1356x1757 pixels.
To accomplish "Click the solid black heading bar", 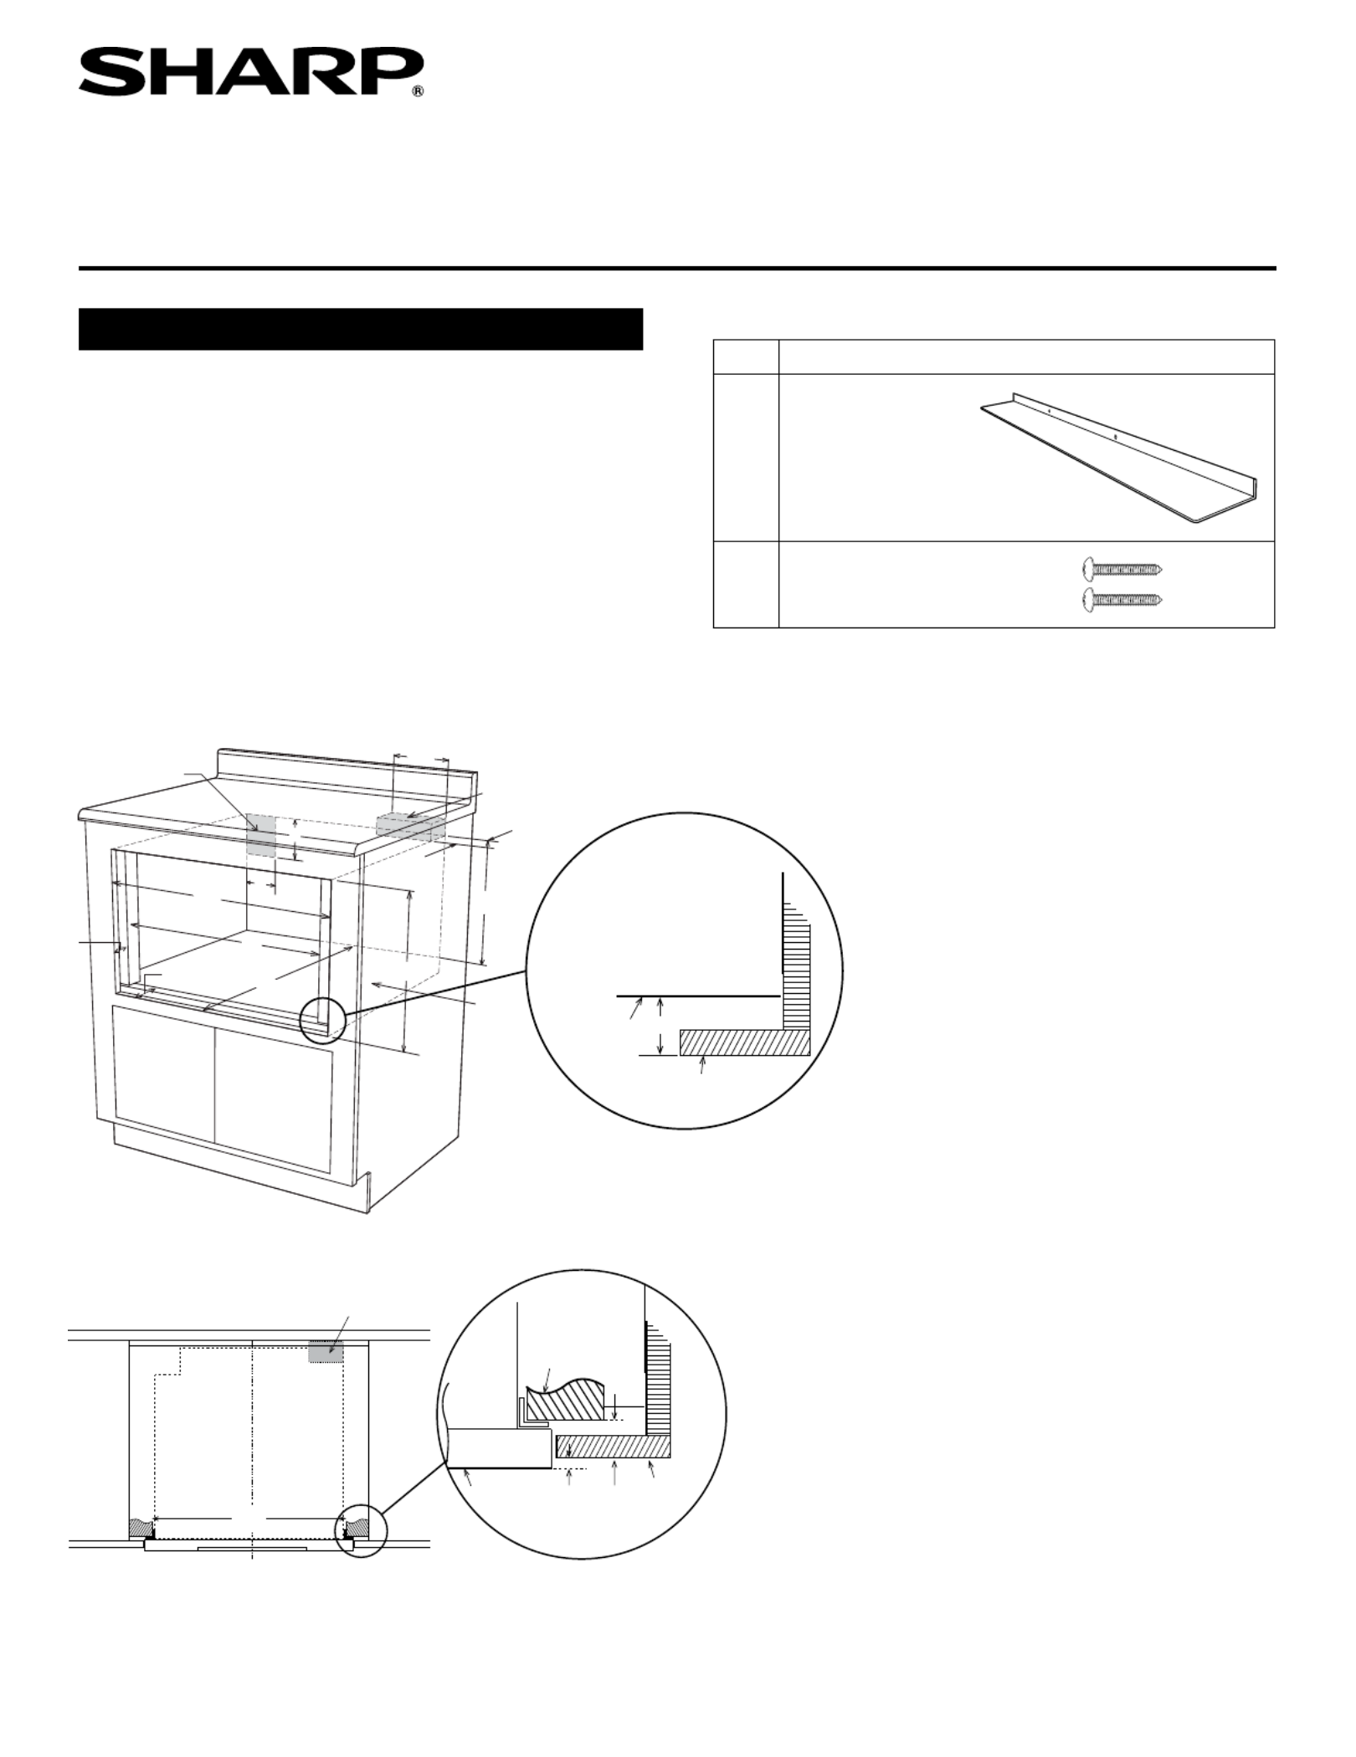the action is tap(361, 329).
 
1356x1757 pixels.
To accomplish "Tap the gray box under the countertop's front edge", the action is tap(261, 834).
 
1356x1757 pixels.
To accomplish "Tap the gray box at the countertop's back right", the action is tap(411, 825).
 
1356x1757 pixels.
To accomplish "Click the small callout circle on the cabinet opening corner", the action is tap(322, 1019).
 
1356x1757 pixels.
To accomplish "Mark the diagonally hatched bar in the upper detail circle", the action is tap(744, 1042).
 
